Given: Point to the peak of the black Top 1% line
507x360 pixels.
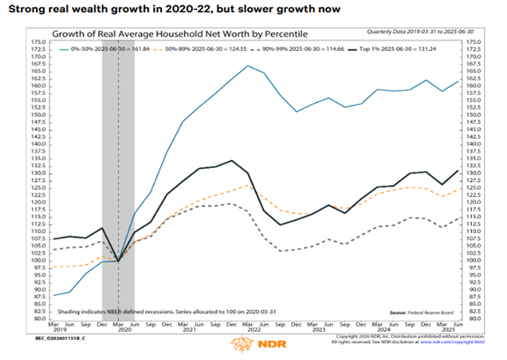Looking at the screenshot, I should coord(231,160).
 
